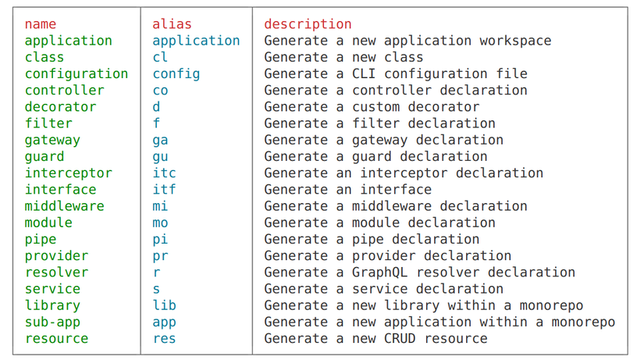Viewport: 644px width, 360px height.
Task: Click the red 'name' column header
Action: (41, 24)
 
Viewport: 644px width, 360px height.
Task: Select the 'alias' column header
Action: (172, 24)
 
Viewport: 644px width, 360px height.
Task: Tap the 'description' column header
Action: (308, 24)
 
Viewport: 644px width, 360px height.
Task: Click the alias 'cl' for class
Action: (160, 57)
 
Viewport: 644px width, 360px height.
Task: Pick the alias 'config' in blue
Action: (176, 74)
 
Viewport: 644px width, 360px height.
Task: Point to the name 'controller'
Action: (65, 91)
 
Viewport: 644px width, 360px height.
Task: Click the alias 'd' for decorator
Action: (156, 107)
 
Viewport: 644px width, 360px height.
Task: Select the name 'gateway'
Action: (52, 140)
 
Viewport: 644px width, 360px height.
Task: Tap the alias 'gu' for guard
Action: (160, 157)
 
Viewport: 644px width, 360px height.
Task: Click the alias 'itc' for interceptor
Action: (164, 173)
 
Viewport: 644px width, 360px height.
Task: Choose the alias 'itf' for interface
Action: (164, 190)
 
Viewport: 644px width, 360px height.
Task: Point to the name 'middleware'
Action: (65, 206)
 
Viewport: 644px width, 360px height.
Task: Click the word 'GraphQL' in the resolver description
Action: (379, 273)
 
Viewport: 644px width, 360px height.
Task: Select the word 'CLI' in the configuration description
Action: (364, 73)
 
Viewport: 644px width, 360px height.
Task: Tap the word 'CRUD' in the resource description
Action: (400, 338)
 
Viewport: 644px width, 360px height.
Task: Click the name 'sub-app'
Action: (52, 323)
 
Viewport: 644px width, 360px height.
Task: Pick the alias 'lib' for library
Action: (164, 305)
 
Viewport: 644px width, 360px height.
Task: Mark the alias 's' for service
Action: (156, 289)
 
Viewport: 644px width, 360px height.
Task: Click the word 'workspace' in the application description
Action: (515, 41)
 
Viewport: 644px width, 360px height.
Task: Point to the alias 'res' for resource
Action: (164, 339)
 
